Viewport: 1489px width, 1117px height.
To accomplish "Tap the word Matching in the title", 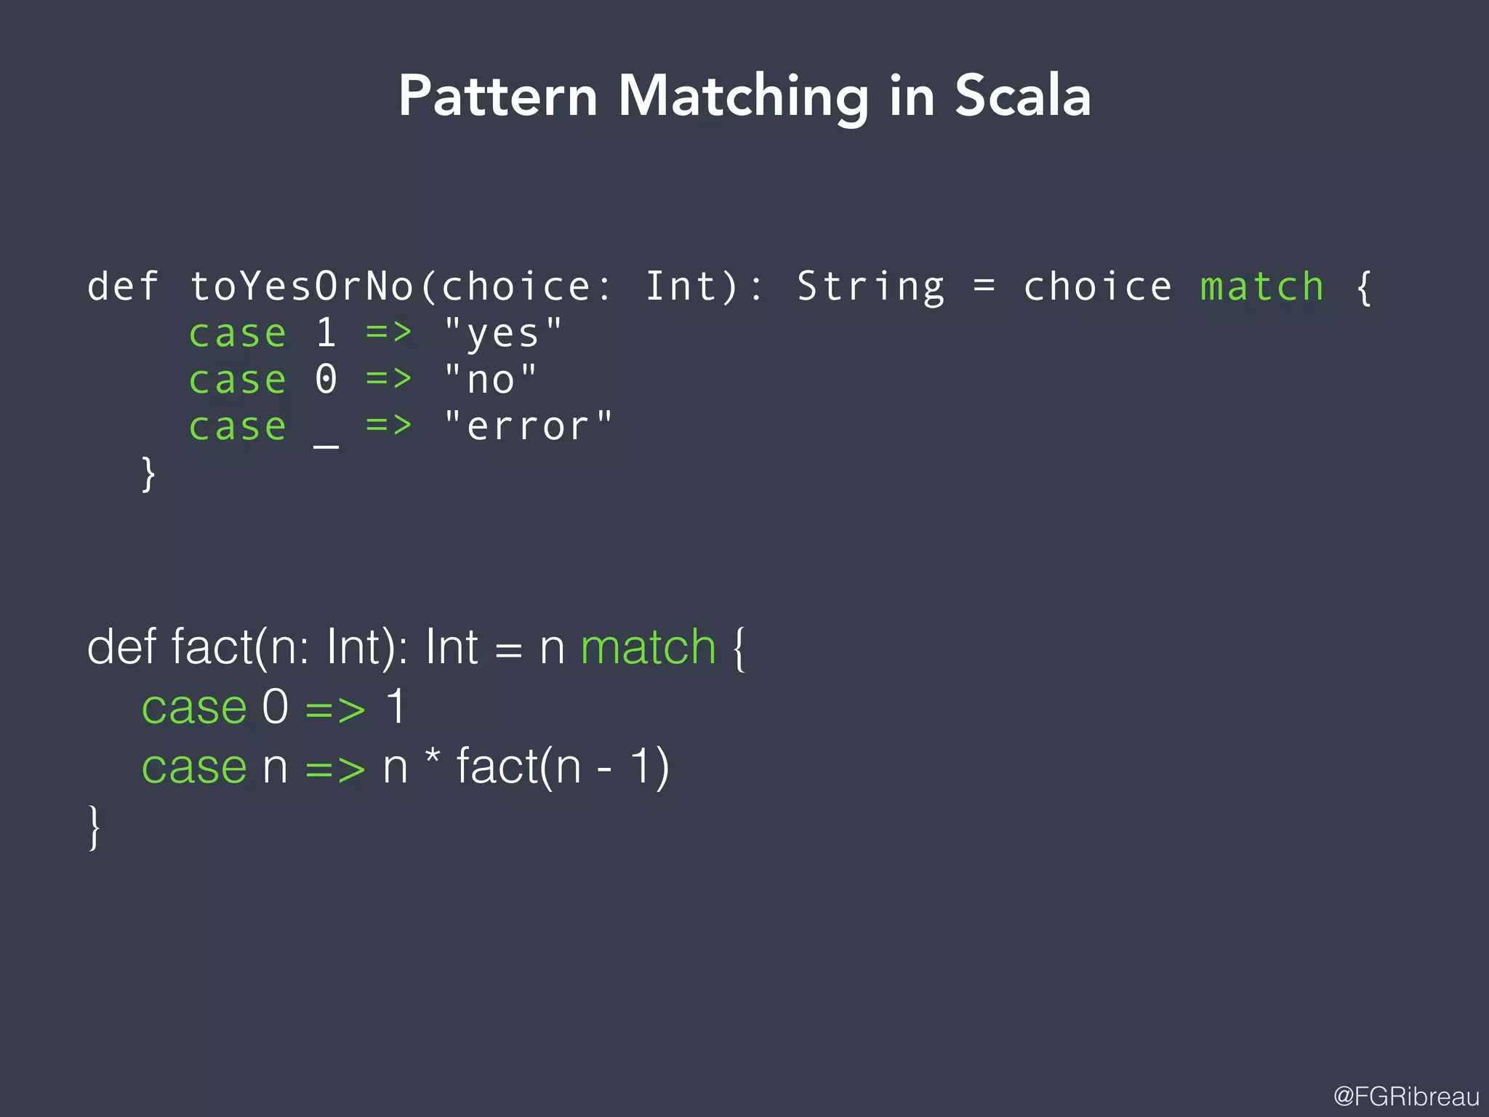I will (743, 97).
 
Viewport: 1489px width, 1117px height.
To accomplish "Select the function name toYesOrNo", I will (301, 286).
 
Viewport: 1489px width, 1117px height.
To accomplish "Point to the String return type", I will (870, 287).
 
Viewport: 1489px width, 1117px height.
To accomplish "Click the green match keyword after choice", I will (1261, 286).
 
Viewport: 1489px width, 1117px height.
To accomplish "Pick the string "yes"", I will (502, 334).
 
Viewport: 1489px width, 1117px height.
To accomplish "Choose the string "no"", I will (490, 380).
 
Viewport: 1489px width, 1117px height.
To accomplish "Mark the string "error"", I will (528, 425).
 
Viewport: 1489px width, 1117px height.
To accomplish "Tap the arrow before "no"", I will (388, 378).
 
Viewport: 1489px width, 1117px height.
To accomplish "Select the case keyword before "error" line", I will (237, 427).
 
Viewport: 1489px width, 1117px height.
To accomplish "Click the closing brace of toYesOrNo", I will (148, 474).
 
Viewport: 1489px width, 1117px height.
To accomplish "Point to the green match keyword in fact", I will (648, 646).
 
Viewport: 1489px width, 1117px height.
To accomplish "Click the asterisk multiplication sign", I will (433, 756).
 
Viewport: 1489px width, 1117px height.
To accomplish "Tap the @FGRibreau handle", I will (1406, 1096).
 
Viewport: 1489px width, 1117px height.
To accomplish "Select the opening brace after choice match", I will (1364, 287).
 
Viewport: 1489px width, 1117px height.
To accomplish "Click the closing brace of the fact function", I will (94, 827).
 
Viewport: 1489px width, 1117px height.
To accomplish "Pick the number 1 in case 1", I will (326, 333).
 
